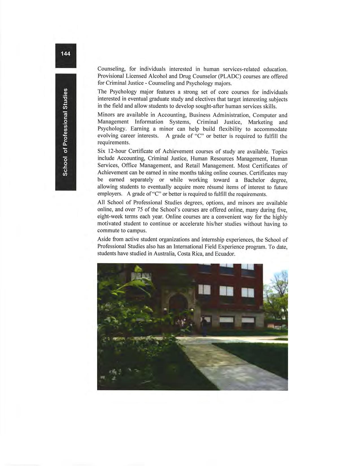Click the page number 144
coord(66,54)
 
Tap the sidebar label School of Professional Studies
coord(66,132)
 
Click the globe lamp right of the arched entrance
coord(193,310)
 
